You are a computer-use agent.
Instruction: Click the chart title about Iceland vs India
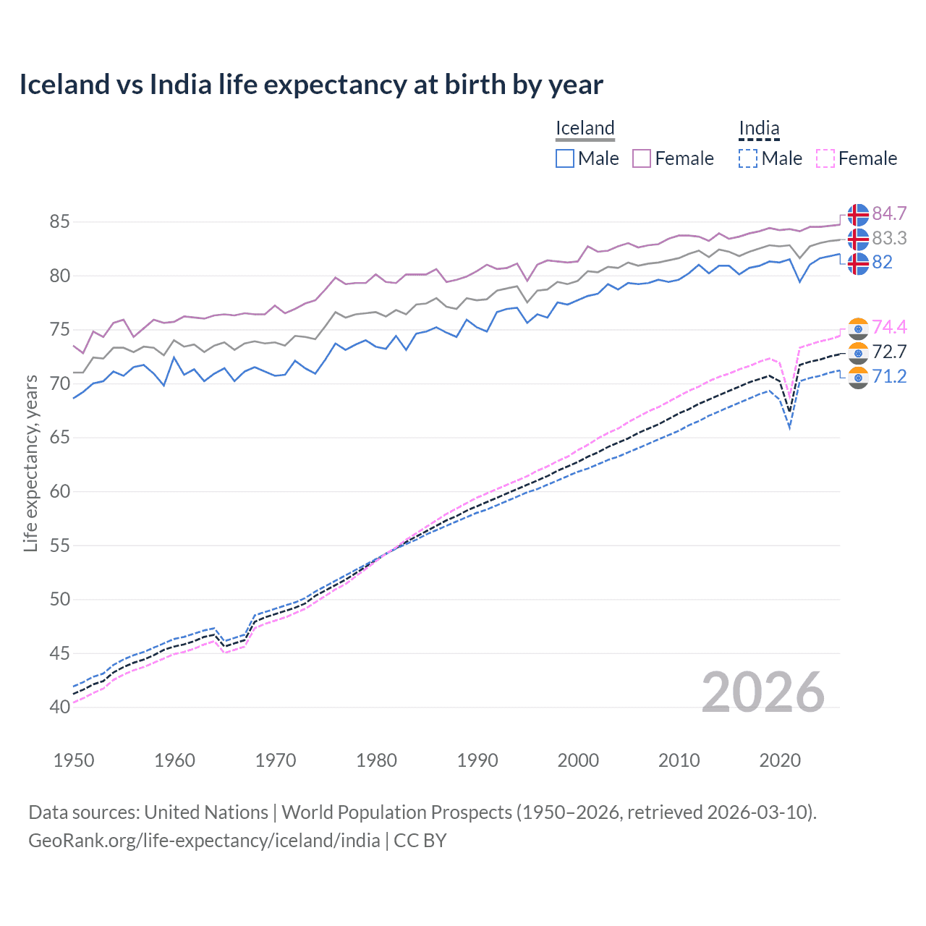[311, 85]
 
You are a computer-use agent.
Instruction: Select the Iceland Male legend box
[565, 158]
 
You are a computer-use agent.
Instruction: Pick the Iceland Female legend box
[642, 158]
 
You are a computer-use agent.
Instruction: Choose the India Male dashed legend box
[748, 158]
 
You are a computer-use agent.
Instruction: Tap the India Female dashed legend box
[825, 158]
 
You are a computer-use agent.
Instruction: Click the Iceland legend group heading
[585, 129]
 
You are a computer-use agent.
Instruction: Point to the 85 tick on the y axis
[59, 221]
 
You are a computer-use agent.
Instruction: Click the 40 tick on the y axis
[59, 707]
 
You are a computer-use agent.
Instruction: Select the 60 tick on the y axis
[59, 491]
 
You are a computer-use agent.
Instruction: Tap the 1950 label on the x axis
[74, 760]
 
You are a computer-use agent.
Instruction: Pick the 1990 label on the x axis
[477, 760]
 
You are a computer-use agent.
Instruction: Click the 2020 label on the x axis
[780, 760]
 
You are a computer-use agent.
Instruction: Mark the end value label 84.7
[889, 214]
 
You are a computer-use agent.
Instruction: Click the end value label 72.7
[889, 352]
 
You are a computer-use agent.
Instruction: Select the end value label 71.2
[889, 376]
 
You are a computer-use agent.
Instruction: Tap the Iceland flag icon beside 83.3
[858, 239]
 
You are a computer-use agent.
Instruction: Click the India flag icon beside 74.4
[858, 328]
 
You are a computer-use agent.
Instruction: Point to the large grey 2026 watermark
[763, 692]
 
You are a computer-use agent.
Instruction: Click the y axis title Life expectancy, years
[30, 463]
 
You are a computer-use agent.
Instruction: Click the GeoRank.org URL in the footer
[204, 841]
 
